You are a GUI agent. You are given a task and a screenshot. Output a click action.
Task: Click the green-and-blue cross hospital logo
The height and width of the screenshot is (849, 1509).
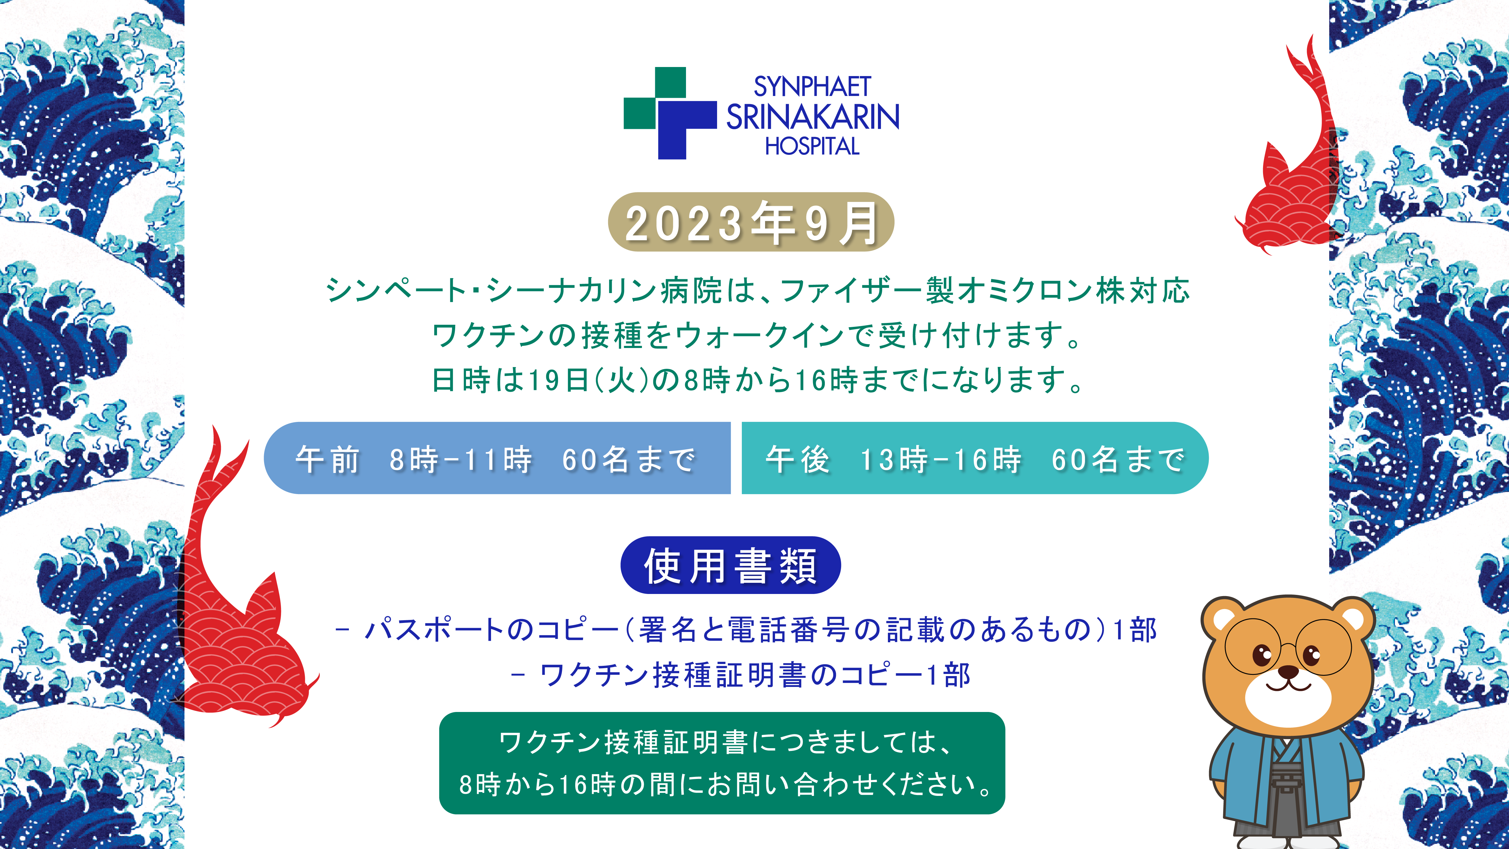[670, 113]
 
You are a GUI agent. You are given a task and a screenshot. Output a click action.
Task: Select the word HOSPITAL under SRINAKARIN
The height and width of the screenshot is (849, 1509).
[812, 146]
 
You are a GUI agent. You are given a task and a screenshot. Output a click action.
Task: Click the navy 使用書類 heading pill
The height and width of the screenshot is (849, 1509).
[730, 565]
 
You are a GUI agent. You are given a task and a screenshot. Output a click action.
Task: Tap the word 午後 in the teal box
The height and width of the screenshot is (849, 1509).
[798, 459]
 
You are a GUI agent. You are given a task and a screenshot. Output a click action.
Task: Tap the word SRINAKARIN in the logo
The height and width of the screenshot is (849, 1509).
[813, 116]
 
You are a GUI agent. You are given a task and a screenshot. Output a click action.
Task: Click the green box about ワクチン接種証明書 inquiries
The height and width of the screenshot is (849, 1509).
[722, 763]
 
